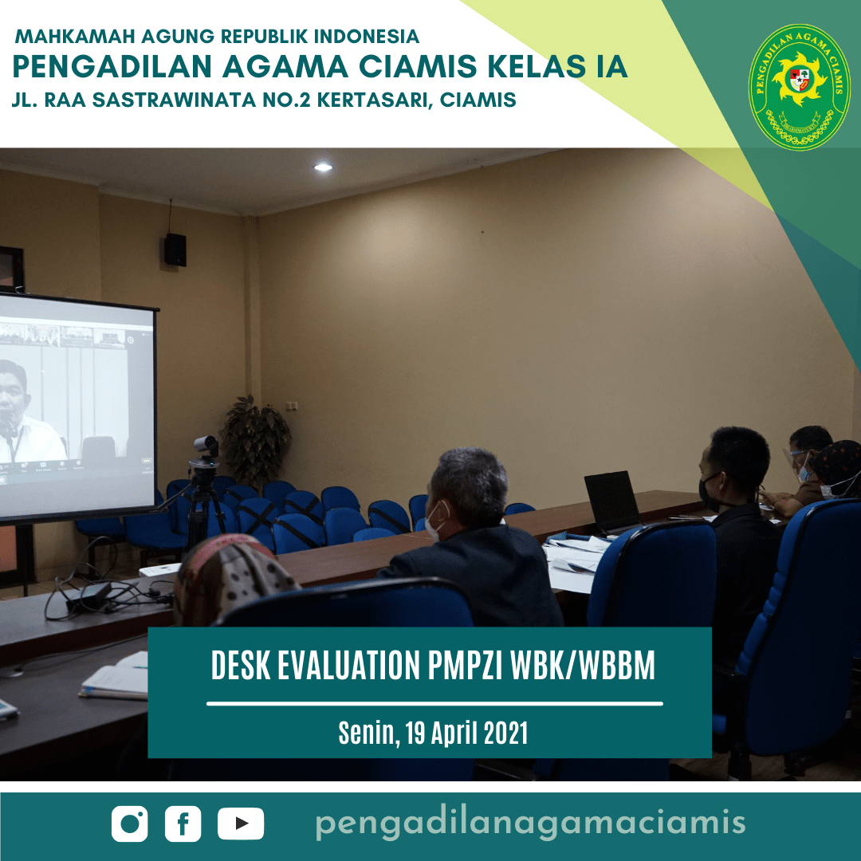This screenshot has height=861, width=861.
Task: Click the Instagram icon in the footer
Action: [130, 824]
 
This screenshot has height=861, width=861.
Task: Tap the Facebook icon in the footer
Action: [183, 824]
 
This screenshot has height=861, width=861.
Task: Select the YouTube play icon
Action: [241, 824]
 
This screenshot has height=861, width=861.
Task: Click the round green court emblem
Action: [799, 87]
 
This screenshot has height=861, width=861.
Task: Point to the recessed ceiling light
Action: [323, 167]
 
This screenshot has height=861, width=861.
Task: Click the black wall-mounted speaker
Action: [175, 250]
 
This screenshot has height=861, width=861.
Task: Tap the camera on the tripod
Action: [206, 447]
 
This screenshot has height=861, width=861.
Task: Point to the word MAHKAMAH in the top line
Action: [75, 36]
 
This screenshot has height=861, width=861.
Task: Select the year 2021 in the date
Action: [505, 733]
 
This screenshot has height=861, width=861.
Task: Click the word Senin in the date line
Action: [366, 733]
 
